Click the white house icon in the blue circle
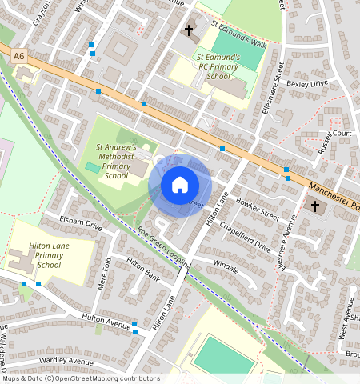click(180, 185)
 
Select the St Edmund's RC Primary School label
click(218, 67)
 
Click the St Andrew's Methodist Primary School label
click(116, 162)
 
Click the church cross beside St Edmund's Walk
click(189, 32)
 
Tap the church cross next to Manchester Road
click(315, 207)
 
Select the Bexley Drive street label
click(307, 83)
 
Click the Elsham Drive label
click(81, 222)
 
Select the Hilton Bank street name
click(143, 272)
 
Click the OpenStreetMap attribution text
click(80, 378)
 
